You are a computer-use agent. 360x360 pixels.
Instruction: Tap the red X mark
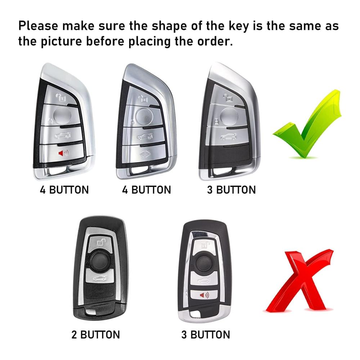click(x=300, y=281)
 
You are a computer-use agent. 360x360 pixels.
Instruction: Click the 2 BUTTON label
click(x=95, y=334)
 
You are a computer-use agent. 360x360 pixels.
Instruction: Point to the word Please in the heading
click(x=38, y=26)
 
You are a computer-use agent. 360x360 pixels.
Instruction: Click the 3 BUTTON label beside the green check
click(x=231, y=190)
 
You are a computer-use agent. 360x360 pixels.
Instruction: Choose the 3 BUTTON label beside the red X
click(x=206, y=334)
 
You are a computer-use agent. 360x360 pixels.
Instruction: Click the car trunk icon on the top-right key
click(x=229, y=137)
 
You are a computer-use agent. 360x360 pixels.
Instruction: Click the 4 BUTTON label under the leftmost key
click(x=64, y=190)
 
